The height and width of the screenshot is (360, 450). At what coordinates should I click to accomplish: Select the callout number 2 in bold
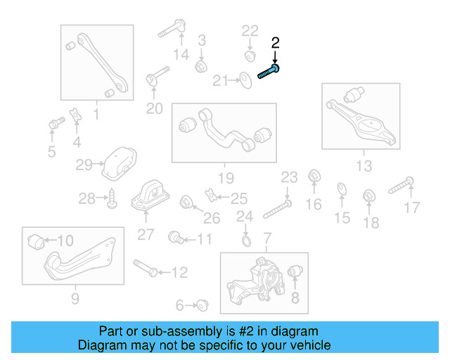pos(276,43)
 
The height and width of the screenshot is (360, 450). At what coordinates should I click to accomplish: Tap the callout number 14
pos(181,55)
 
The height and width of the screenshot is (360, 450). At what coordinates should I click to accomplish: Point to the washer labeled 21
pos(245,81)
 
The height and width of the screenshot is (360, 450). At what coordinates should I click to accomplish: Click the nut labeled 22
pos(250,54)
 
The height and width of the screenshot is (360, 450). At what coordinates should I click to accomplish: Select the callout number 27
pos(146,235)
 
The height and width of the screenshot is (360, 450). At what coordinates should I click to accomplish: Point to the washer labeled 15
pos(341,188)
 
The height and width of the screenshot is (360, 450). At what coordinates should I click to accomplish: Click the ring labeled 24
pos(245,242)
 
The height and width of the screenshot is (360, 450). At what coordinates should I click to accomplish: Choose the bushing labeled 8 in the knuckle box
pos(296,271)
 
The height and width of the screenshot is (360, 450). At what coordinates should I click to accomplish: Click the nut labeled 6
pos(204,304)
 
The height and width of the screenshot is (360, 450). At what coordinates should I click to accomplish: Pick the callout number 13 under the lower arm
pos(364,166)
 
